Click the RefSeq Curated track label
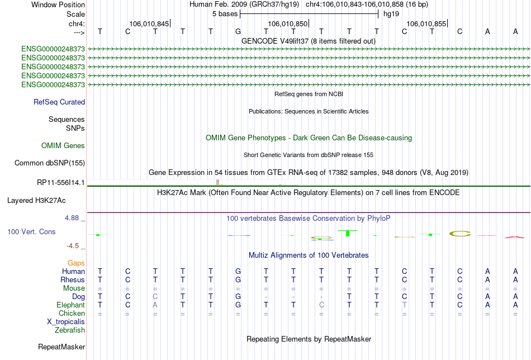[x=59, y=102]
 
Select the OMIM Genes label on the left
[x=63, y=146]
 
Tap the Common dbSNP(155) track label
[x=50, y=163]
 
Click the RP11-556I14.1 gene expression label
[x=60, y=183]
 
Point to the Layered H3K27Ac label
[x=36, y=201]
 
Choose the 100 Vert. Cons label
[x=31, y=231]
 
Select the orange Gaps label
[x=76, y=263]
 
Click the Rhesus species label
[x=73, y=280]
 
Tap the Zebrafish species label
[x=70, y=330]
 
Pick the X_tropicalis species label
[x=66, y=322]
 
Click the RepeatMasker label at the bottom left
[x=61, y=347]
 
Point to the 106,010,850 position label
[x=287, y=23]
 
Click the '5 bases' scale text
[x=225, y=14]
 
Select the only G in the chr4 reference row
[x=238, y=31]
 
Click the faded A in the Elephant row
[x=155, y=305]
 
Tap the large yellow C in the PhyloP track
[x=460, y=233]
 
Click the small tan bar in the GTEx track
[x=218, y=182]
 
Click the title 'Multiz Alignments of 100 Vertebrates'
[x=309, y=255]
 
